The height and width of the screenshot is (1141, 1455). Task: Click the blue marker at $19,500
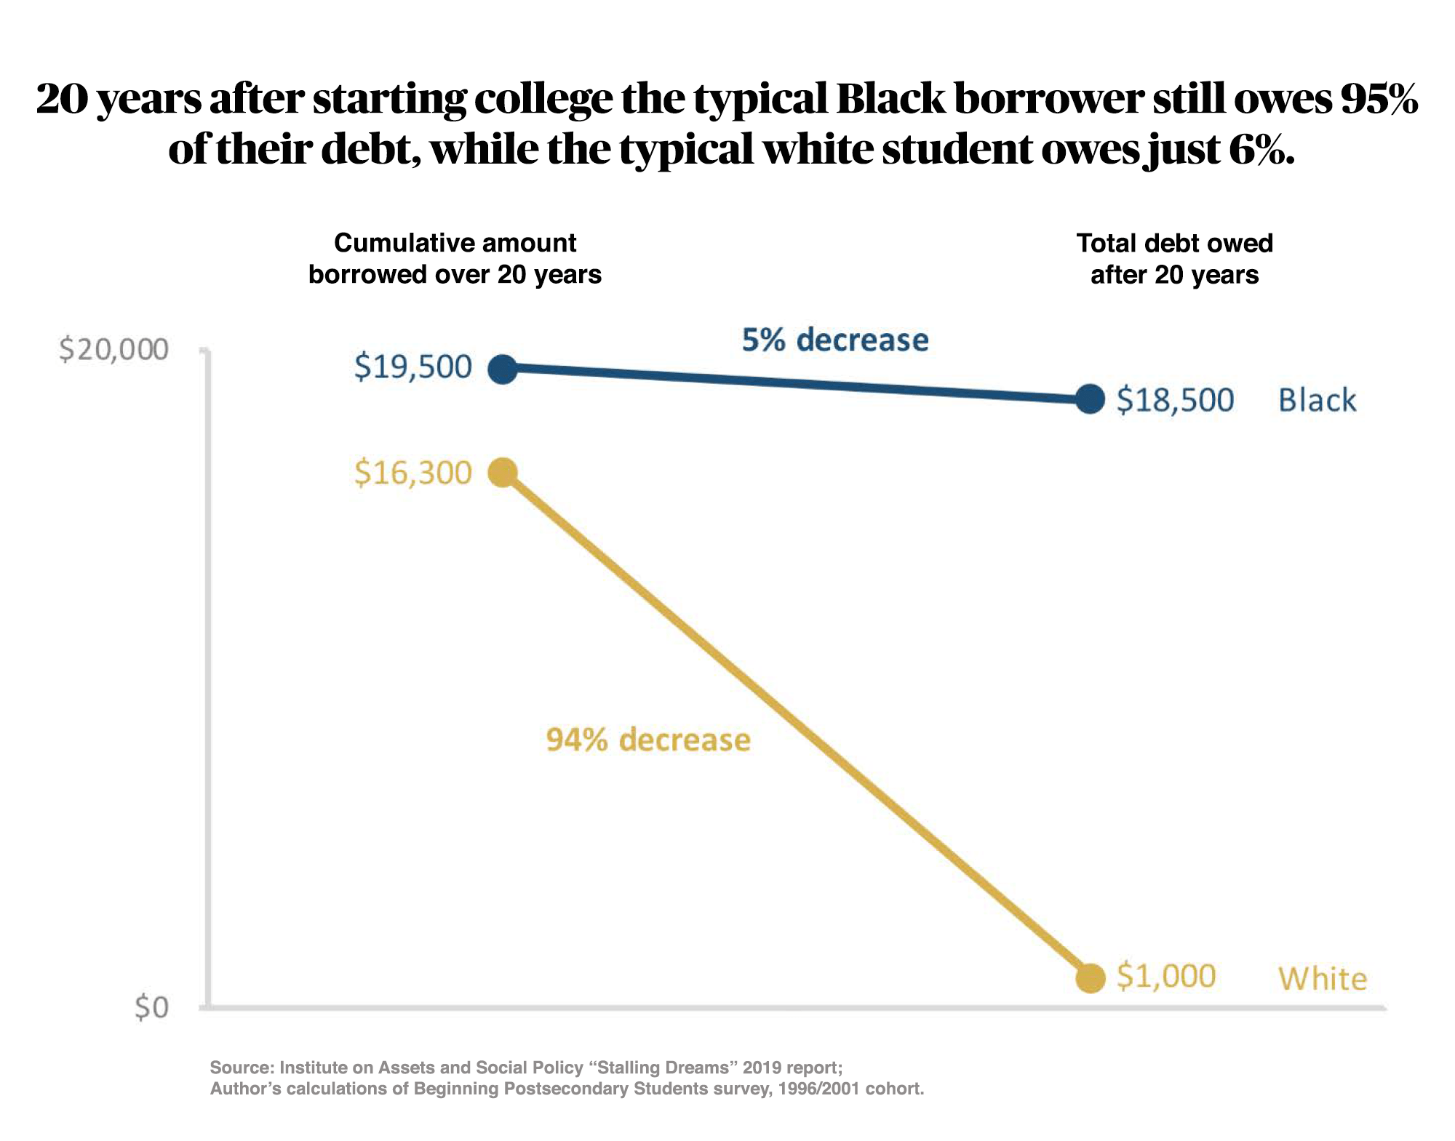tap(503, 369)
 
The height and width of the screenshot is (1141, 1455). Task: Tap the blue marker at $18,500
tap(1090, 399)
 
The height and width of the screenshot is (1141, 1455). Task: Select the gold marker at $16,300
tap(503, 473)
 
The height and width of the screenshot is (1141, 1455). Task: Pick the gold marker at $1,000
tap(1090, 977)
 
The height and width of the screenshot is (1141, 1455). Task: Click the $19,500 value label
tap(413, 367)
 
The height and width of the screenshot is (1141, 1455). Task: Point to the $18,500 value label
tap(1175, 400)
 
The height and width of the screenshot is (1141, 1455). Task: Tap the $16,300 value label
tap(413, 473)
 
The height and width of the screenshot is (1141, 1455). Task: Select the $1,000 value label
tap(1166, 976)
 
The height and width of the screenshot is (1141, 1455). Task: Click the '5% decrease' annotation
tap(835, 340)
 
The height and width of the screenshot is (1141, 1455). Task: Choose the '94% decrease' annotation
tap(648, 740)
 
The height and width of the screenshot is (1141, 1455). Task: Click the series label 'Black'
tap(1317, 400)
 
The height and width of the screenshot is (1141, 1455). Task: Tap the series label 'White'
tap(1323, 979)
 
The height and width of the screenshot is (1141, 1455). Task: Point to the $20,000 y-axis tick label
tap(113, 350)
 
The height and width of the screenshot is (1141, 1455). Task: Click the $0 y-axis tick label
tap(151, 1008)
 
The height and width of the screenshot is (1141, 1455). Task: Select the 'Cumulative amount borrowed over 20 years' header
tap(455, 258)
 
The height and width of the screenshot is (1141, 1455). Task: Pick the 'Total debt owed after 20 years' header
tap(1174, 258)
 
